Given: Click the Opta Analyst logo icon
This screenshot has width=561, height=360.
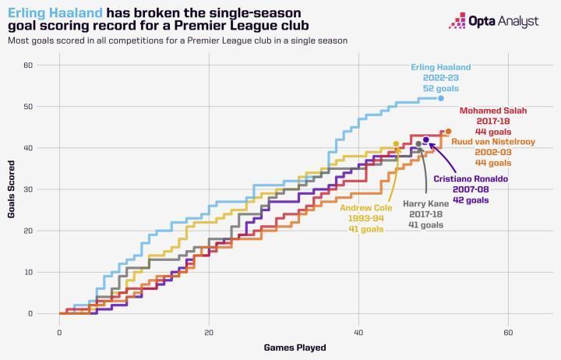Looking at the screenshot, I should [457, 21].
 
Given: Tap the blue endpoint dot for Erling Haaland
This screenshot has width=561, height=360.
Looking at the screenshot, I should [441, 98].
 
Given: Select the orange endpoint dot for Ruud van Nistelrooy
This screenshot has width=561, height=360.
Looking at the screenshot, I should [448, 132].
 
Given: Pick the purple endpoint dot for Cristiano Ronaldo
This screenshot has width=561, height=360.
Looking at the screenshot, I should [426, 139].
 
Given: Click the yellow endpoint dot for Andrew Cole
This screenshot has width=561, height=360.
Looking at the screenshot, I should [396, 144].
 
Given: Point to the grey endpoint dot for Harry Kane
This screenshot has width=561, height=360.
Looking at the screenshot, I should [418, 144].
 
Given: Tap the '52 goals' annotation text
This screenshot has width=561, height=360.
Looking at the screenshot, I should [440, 89].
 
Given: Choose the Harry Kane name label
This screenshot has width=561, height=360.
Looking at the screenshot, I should [425, 203].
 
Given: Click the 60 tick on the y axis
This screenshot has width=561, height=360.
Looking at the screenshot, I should [27, 65].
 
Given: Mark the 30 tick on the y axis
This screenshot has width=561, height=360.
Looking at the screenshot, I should [27, 189].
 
